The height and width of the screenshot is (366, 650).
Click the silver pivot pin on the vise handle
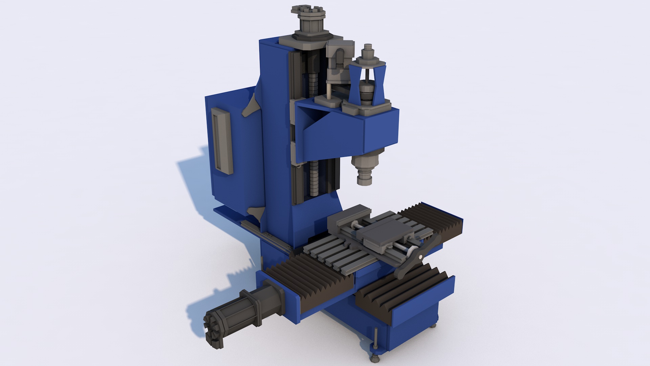pos(420,257)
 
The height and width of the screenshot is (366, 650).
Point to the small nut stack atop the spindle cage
pos(368,54)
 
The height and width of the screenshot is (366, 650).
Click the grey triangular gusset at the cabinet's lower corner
pos(256,213)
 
